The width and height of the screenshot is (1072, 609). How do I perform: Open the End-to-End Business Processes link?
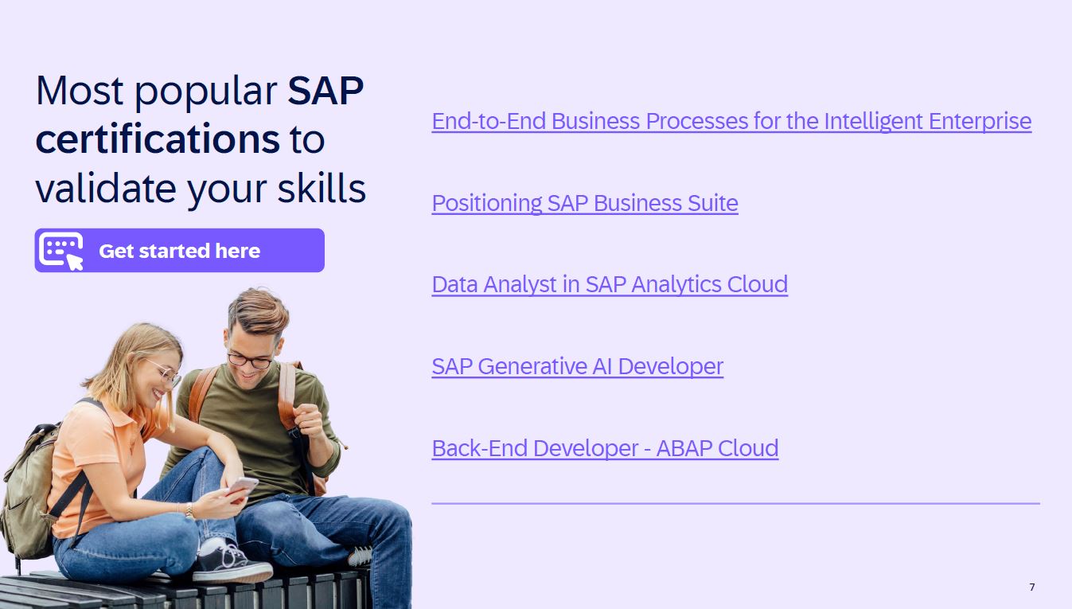point(731,121)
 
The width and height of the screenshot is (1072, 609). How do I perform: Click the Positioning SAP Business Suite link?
point(585,203)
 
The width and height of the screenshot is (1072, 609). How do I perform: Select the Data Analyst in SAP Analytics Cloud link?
point(610,284)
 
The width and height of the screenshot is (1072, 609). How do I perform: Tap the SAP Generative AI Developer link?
point(577,366)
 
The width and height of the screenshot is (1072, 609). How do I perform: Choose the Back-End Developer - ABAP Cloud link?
point(605,449)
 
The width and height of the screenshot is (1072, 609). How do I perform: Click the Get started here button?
point(180,251)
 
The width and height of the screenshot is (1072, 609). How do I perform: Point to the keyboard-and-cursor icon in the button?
point(61,251)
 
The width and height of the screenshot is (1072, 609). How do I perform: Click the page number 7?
point(1032,587)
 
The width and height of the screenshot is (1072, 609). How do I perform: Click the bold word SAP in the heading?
point(325,91)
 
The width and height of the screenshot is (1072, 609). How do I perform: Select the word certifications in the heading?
point(158,139)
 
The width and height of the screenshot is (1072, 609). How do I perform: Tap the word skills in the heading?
point(322,188)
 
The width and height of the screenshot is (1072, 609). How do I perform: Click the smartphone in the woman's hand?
point(242,486)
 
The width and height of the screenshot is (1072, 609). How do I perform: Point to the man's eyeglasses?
point(250,360)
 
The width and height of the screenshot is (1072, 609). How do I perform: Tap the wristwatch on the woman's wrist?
point(190,511)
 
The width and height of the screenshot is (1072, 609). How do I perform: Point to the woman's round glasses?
point(166,372)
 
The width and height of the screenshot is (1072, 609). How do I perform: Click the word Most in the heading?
point(80,91)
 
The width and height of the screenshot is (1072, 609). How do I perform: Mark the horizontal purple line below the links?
point(735,503)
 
